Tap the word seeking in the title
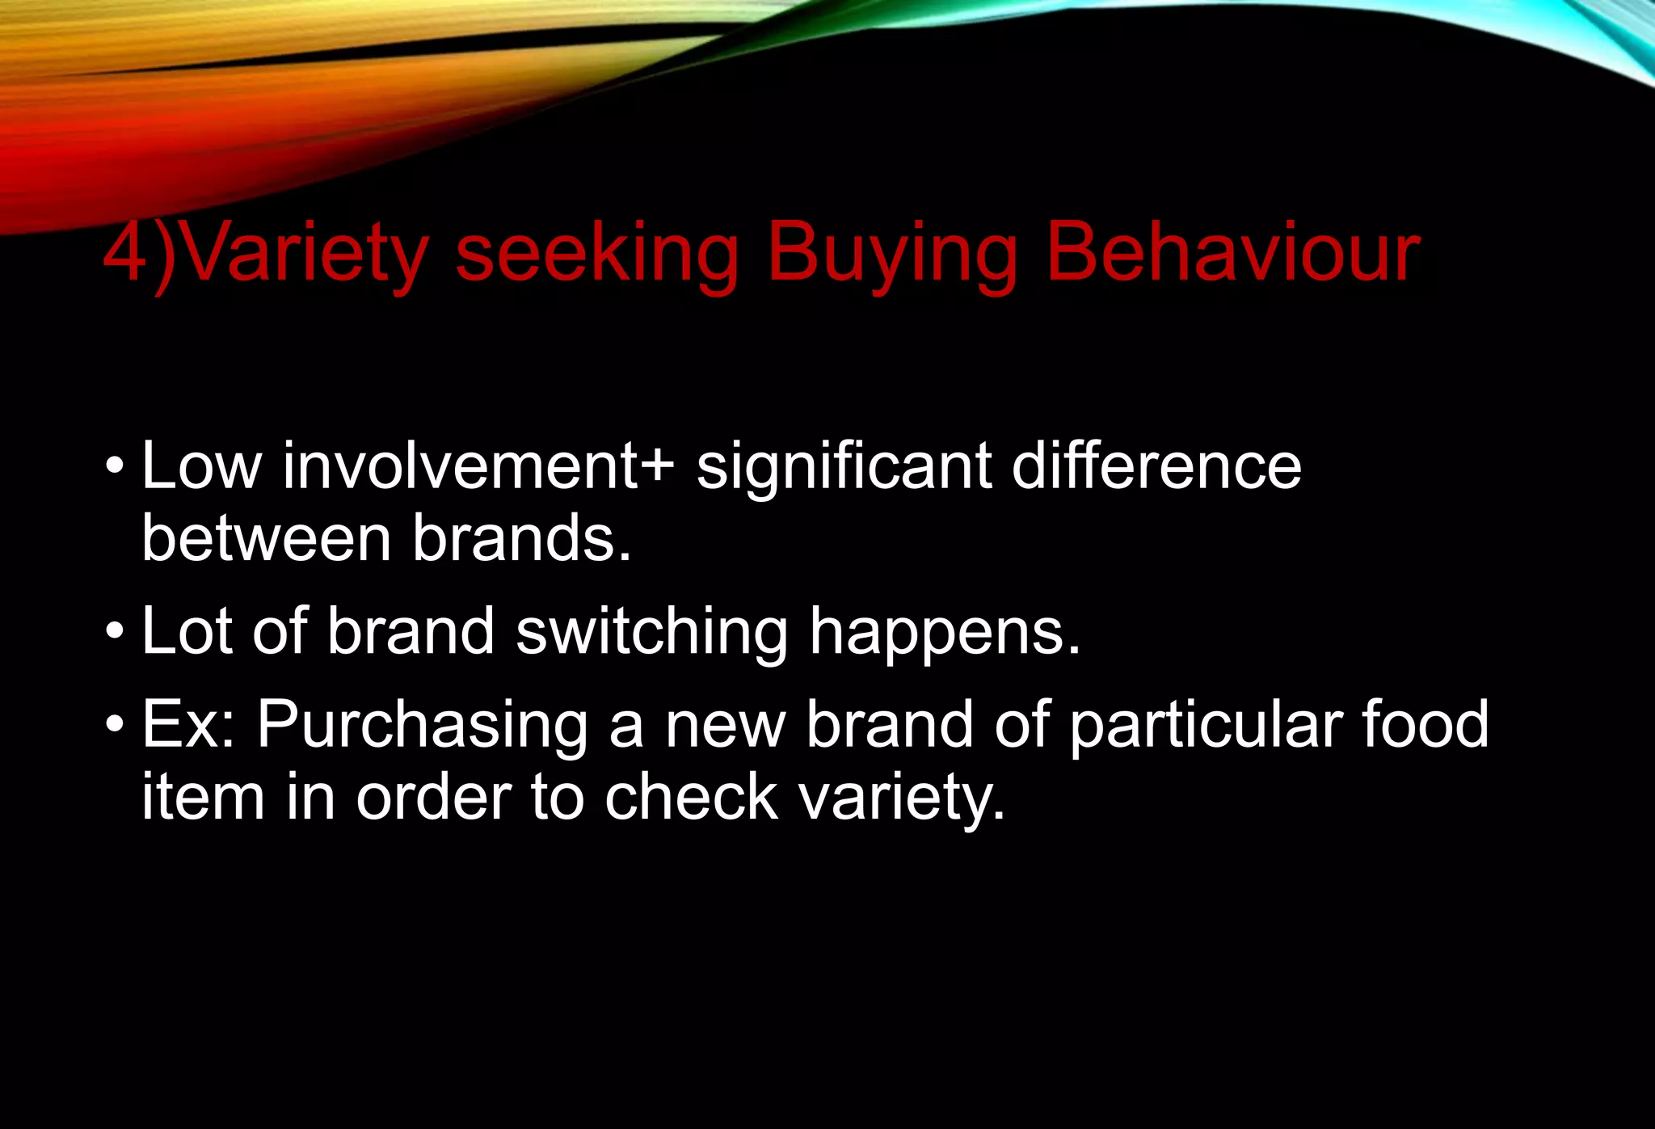point(596,254)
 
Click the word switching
point(651,632)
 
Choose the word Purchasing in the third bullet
point(423,725)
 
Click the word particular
point(1205,725)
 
